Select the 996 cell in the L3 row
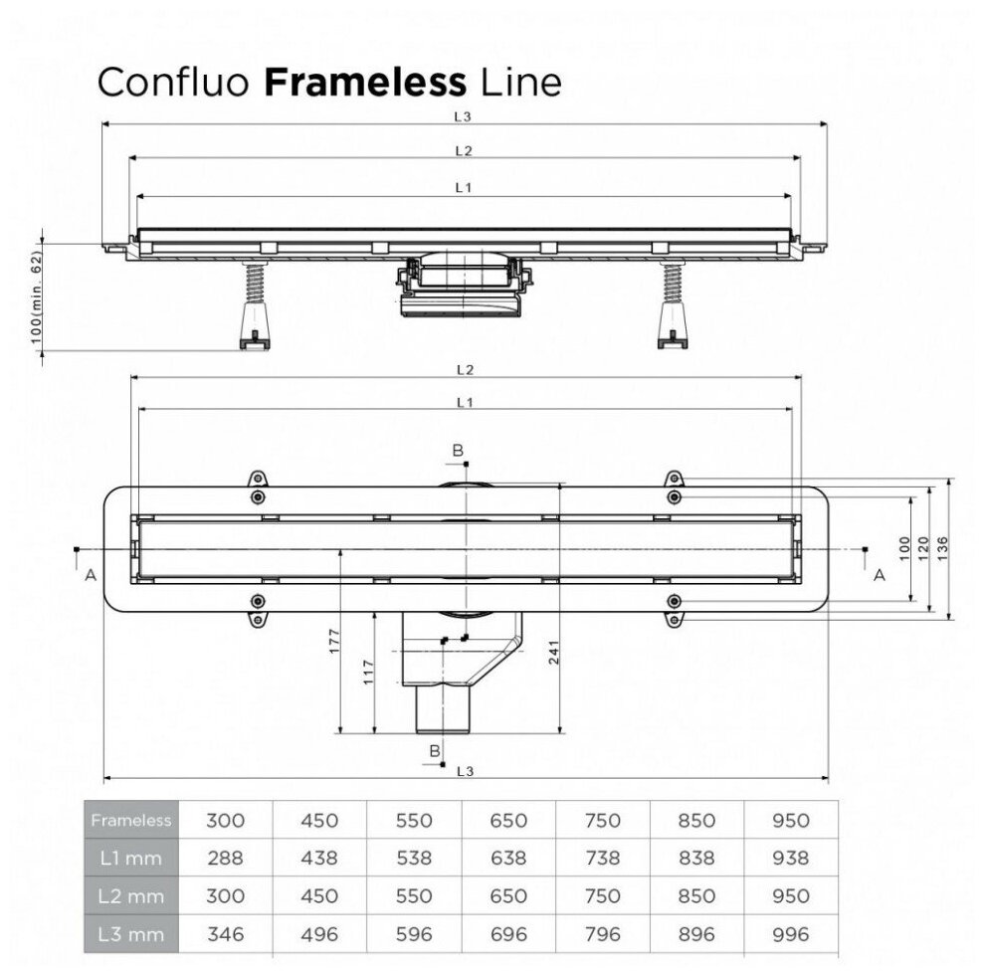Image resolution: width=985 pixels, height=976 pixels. pyautogui.click(x=790, y=934)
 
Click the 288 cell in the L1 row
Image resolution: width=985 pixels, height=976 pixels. pyautogui.click(x=226, y=858)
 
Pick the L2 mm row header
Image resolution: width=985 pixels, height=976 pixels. pyautogui.click(x=131, y=896)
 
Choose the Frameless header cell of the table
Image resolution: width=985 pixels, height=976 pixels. pyautogui.click(x=131, y=821)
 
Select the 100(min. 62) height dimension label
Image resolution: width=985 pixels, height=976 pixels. pyautogui.click(x=37, y=295)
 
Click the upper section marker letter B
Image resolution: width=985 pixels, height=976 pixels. pyautogui.click(x=458, y=451)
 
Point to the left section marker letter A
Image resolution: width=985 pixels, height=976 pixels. pyautogui.click(x=91, y=574)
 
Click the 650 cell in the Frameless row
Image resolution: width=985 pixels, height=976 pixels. pyautogui.click(x=507, y=821)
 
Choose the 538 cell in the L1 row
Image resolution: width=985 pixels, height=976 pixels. pyautogui.click(x=414, y=858)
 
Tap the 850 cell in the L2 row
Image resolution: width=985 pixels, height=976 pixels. pyautogui.click(x=696, y=896)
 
